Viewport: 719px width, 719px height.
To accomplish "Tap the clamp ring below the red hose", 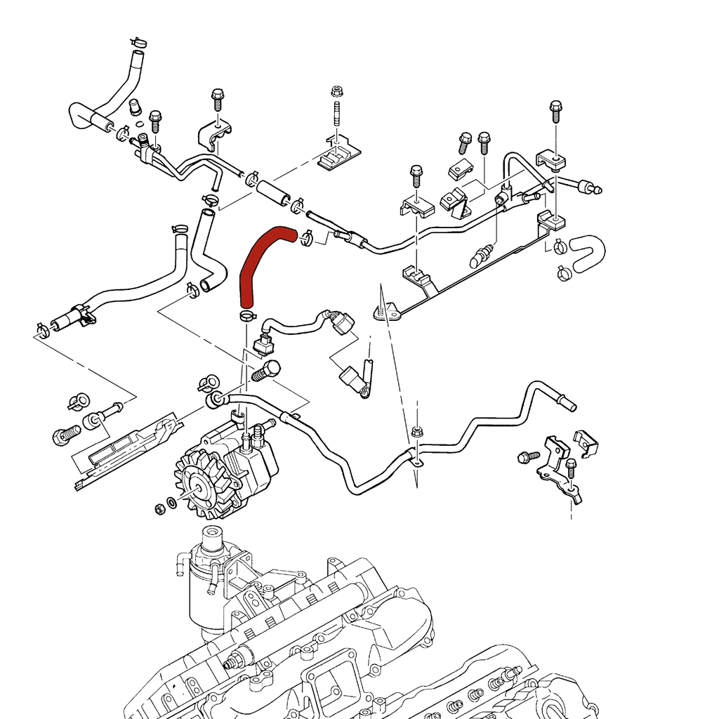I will click(x=247, y=315).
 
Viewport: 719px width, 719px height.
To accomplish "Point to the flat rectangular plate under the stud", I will click(x=338, y=156).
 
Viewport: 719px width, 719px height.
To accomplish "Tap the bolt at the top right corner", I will click(x=555, y=110).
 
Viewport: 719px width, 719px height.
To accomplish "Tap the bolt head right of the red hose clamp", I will click(x=266, y=369).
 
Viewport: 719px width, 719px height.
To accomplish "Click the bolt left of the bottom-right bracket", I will click(x=527, y=457).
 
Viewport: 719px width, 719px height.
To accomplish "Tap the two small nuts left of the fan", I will click(x=164, y=506).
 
